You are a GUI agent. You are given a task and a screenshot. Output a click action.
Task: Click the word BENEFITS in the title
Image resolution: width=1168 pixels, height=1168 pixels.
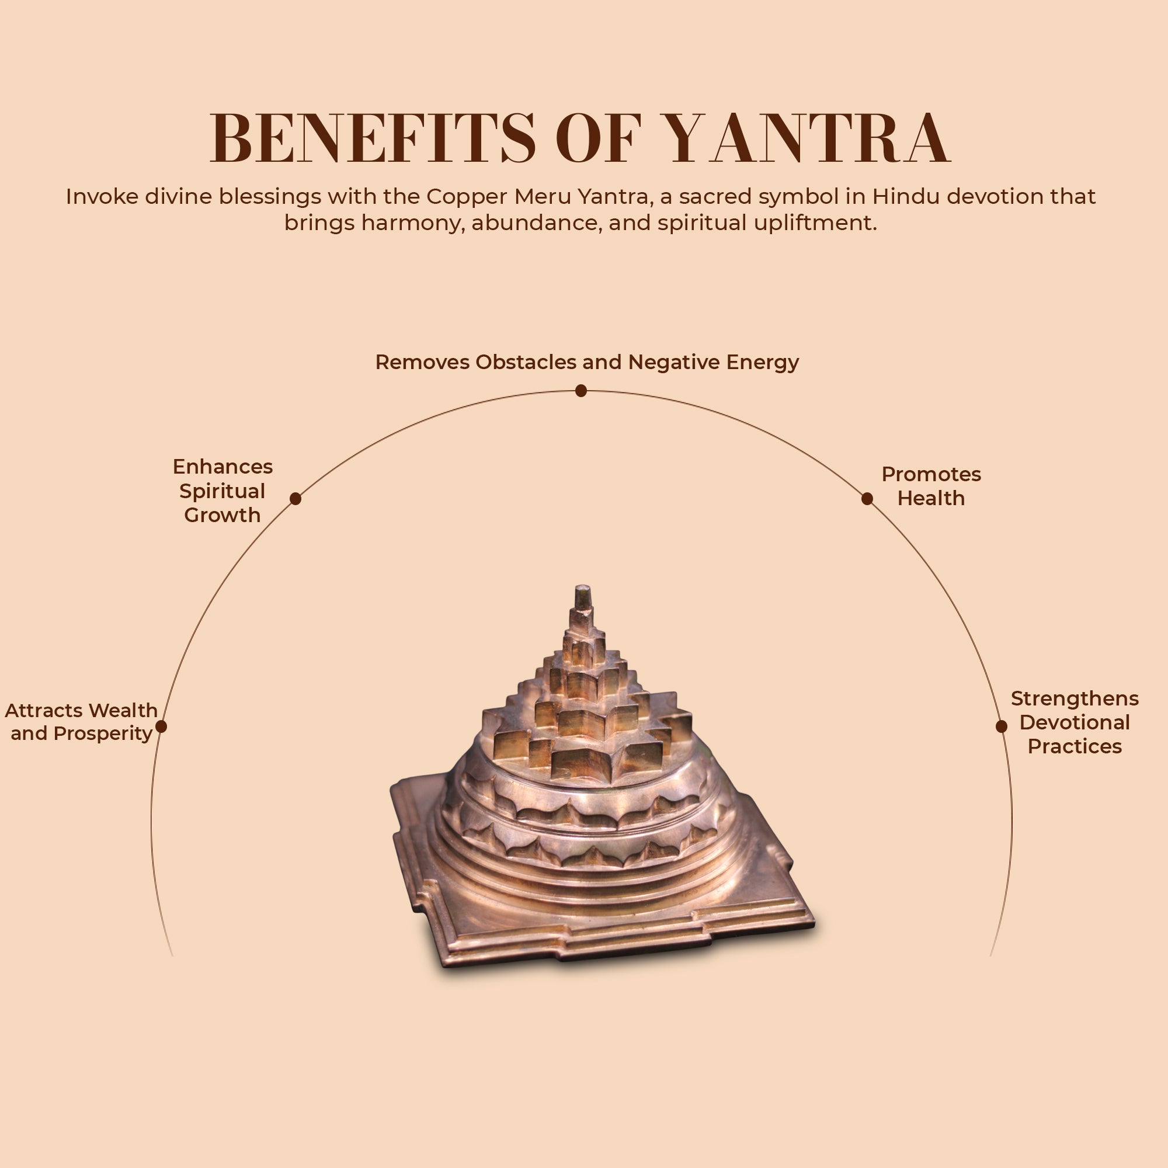(x=372, y=138)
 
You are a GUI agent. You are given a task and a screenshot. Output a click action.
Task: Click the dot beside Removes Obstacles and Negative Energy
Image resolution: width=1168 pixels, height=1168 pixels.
(x=581, y=391)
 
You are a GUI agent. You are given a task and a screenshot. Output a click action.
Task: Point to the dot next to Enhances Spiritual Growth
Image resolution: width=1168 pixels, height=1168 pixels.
(x=295, y=499)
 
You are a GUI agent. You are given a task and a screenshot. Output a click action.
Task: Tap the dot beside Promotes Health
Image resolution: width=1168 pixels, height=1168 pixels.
(x=867, y=499)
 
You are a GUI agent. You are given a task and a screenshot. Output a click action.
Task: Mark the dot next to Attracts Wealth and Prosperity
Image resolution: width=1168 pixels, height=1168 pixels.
(x=161, y=726)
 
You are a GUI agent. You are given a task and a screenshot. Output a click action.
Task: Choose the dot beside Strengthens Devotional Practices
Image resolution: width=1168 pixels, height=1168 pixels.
(x=1001, y=726)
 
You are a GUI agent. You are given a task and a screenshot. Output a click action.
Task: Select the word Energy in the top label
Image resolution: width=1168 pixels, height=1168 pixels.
(x=762, y=362)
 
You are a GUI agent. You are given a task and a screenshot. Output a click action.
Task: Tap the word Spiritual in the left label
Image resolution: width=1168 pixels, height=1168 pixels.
(x=222, y=491)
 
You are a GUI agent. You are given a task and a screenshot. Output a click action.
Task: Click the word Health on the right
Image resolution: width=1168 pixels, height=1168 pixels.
(x=931, y=498)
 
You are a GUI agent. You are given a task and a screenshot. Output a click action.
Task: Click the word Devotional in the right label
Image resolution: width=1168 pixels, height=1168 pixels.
(x=1075, y=722)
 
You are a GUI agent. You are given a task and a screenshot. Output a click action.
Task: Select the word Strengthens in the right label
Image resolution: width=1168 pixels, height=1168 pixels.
(x=1075, y=698)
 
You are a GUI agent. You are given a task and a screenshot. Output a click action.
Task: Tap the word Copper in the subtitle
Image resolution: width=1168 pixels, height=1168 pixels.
(x=467, y=196)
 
